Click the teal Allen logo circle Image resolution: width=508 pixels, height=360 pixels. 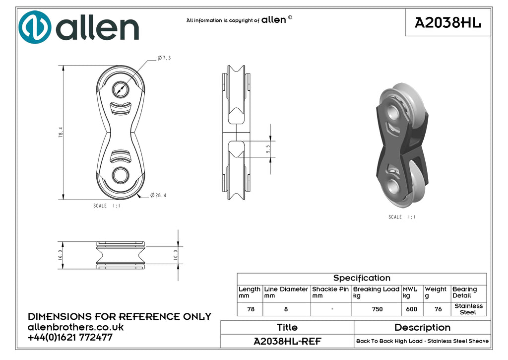tap(35, 27)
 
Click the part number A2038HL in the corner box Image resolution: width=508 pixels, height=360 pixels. tap(448, 23)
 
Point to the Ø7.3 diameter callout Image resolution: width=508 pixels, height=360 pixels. tap(164, 58)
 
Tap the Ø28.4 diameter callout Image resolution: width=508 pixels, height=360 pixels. tap(158, 195)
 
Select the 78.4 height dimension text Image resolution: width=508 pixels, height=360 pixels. tap(61, 132)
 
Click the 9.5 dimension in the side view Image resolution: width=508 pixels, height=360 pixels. tap(268, 149)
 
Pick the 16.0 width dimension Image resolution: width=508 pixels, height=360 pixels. tap(60, 255)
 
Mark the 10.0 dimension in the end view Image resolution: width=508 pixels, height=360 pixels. tap(176, 255)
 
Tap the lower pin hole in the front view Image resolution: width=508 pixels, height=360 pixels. tap(121, 175)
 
